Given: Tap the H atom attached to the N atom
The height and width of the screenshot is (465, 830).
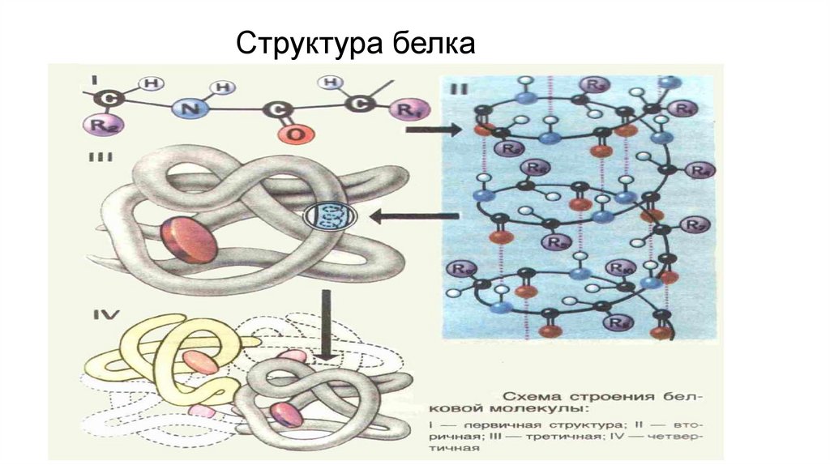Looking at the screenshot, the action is (x=226, y=87).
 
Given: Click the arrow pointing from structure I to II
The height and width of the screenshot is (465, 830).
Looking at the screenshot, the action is (x=432, y=130).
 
